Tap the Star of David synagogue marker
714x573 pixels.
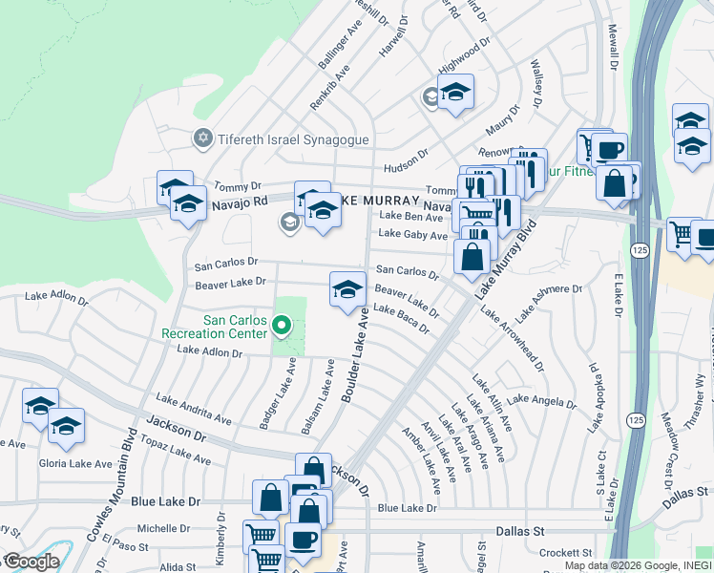point(201,139)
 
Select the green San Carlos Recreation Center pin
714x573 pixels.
point(281,328)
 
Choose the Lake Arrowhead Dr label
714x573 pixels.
point(512,339)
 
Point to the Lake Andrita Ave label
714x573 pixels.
point(194,411)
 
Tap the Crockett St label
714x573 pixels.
point(565,553)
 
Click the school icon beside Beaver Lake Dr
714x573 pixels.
point(347,288)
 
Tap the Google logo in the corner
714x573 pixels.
point(31,562)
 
